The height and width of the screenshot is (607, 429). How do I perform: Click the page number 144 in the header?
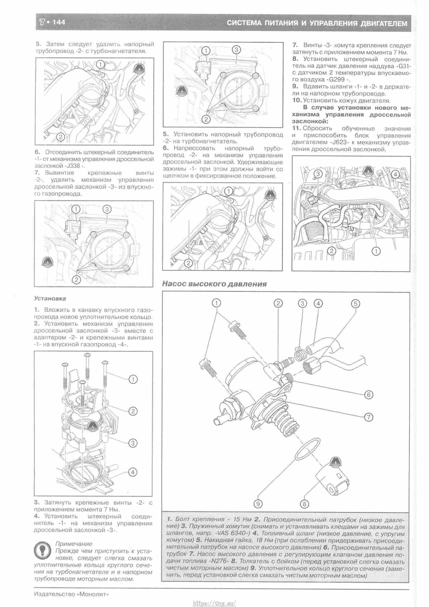coord(59,22)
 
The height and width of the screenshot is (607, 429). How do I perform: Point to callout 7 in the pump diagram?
coord(369,417)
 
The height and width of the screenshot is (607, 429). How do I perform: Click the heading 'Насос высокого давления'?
coord(214,284)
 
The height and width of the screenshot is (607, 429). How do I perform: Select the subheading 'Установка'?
coord(50,298)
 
